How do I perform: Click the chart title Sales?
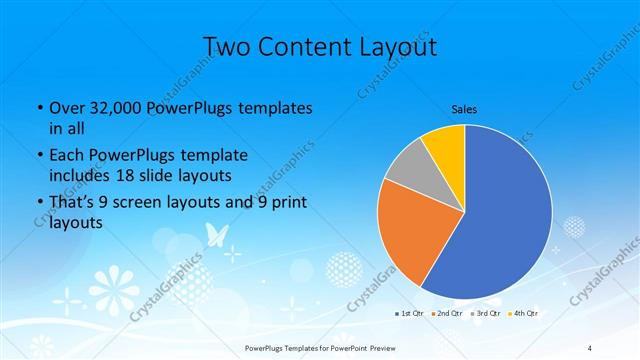point(465,109)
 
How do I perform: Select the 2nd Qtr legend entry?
point(447,314)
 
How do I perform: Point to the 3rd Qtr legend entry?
point(487,314)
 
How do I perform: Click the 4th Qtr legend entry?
point(526,314)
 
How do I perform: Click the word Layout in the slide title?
point(389,46)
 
